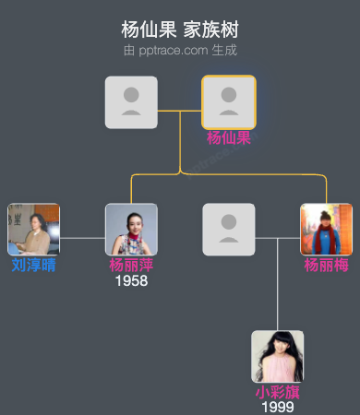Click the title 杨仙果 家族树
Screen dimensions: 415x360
[x=179, y=29]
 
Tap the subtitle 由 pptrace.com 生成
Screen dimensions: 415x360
[x=179, y=50]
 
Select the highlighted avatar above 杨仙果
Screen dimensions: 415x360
[x=228, y=101]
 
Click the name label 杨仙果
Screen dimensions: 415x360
[x=228, y=138]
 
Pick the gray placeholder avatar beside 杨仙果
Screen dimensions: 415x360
[x=131, y=101]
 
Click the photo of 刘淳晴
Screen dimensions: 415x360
[x=33, y=230]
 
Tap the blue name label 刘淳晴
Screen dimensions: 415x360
[x=33, y=265]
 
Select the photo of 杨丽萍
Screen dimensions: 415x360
[x=131, y=230]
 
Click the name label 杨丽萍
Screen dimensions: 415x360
[x=131, y=265]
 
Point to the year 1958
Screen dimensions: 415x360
[x=131, y=280]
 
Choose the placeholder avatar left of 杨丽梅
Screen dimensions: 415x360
[x=228, y=230]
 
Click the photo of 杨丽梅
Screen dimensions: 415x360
[x=326, y=230]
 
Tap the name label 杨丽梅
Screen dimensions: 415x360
[x=326, y=265]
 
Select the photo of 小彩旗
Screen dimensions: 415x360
[x=277, y=356]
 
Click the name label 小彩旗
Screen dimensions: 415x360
[x=277, y=392]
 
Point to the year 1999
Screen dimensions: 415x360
[x=277, y=407]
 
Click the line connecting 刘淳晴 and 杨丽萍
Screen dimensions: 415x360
[x=82, y=238]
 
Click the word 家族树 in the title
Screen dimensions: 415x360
[x=210, y=29]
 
